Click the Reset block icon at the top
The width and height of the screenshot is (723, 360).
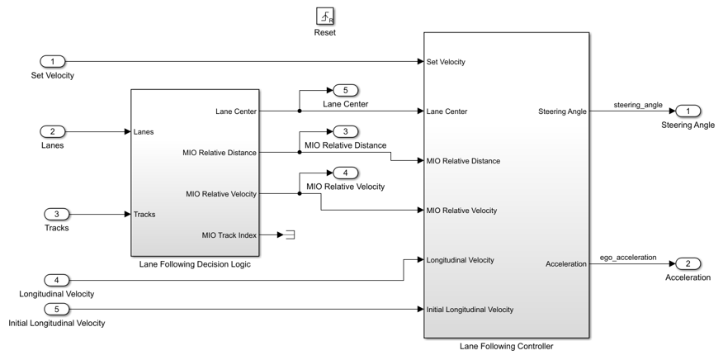(325, 17)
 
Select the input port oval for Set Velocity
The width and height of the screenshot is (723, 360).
(53, 62)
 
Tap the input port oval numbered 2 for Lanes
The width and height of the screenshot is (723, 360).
(53, 131)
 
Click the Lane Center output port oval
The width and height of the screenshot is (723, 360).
(345, 90)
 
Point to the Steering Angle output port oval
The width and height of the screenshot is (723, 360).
(688, 111)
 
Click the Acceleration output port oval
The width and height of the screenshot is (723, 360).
(688, 263)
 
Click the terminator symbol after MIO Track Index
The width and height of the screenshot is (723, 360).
(291, 235)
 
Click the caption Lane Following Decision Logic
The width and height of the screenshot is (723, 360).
(196, 263)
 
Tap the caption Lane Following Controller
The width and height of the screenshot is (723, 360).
(506, 346)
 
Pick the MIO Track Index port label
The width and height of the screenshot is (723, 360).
(229, 235)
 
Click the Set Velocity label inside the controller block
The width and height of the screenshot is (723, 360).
(446, 62)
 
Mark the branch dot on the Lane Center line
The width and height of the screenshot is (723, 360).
(299, 111)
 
